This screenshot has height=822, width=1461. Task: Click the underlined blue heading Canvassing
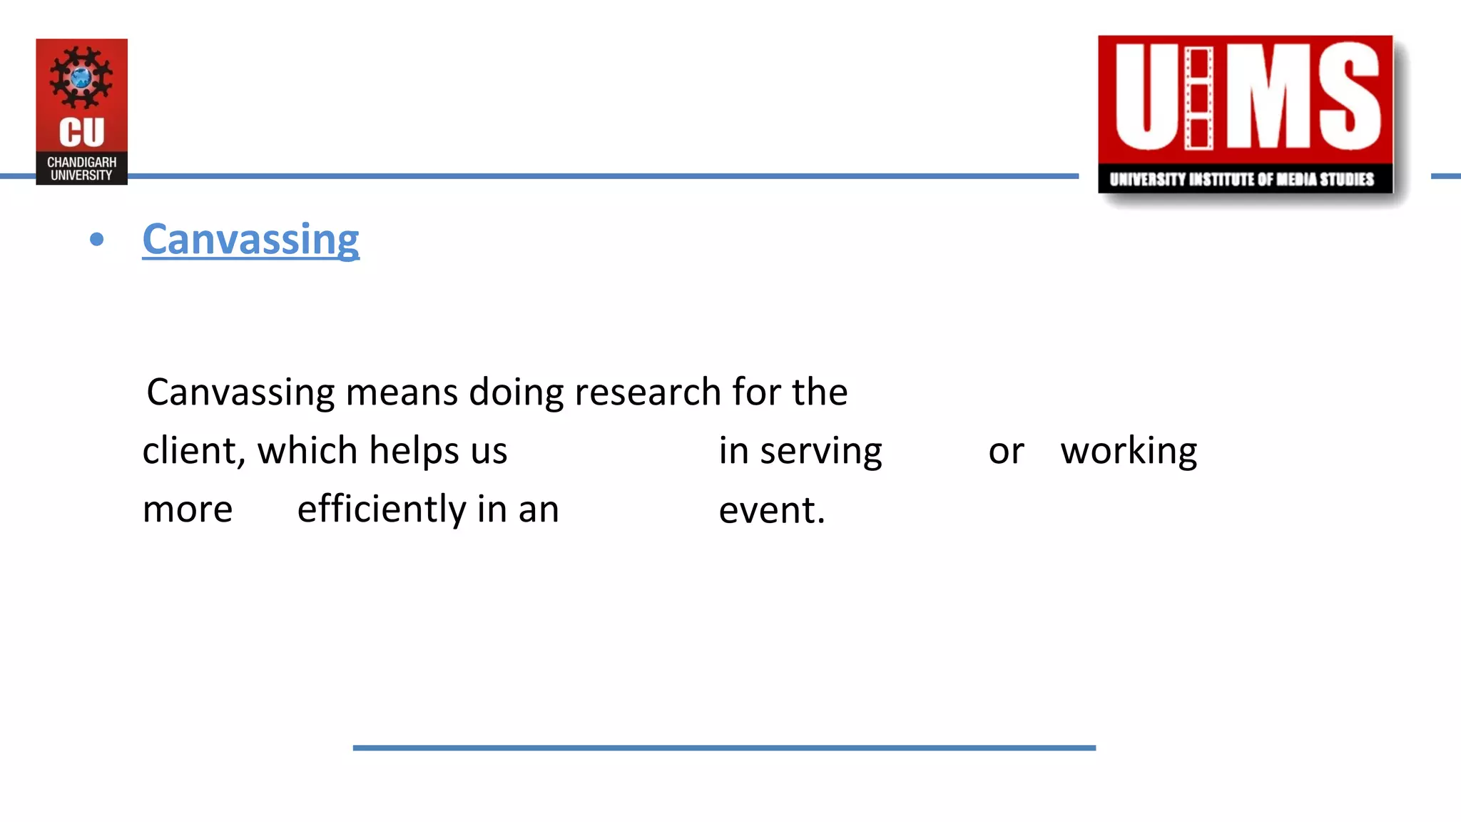(x=250, y=240)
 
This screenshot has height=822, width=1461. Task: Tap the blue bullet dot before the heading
(x=97, y=240)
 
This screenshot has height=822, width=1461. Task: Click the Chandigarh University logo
(x=82, y=111)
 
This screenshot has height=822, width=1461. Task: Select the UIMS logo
(x=1245, y=114)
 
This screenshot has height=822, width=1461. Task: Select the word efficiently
(x=382, y=509)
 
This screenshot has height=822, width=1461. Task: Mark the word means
(x=401, y=392)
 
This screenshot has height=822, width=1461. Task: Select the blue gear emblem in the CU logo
(x=81, y=77)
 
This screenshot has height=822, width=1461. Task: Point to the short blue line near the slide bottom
(x=724, y=748)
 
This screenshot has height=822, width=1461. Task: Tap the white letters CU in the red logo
(x=81, y=133)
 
